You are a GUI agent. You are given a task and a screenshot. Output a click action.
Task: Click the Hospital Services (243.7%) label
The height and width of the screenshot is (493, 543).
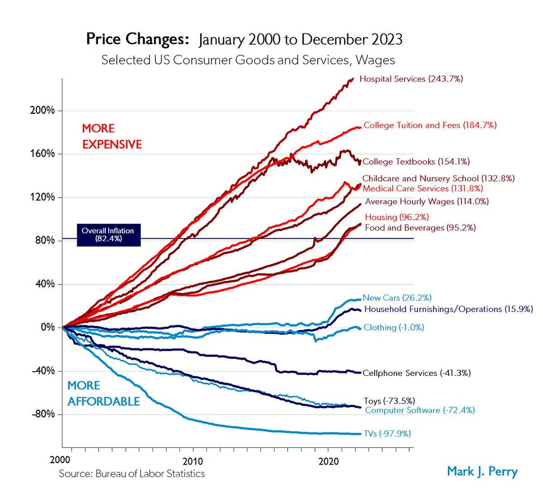coord(411,79)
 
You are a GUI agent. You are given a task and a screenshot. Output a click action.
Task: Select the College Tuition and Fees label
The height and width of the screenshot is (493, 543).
coord(430,125)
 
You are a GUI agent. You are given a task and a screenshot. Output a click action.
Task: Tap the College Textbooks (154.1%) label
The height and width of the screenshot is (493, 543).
coord(416,161)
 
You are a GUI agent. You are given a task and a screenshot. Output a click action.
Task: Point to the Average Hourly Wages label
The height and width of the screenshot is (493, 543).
coord(427,202)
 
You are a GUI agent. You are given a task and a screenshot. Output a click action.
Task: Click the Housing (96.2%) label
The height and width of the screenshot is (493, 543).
coord(397,217)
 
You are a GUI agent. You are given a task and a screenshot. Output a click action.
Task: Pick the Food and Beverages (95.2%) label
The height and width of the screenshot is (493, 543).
coord(420,228)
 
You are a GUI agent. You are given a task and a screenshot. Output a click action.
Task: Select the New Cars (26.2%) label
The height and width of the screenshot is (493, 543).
coord(397,298)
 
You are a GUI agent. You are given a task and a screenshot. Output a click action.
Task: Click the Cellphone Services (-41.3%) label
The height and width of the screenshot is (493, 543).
coord(416,373)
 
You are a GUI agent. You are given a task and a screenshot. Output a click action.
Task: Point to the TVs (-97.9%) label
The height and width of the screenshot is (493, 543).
coord(387,434)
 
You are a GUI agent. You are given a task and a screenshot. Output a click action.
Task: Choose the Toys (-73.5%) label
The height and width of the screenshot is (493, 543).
coord(389,401)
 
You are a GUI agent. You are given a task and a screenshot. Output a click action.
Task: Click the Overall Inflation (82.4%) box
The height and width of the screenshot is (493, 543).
coord(108,234)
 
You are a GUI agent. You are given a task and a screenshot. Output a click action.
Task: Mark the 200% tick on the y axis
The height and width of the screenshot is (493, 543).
coord(43,111)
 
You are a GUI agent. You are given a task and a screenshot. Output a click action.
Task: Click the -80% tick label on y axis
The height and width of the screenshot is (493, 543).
coord(43,414)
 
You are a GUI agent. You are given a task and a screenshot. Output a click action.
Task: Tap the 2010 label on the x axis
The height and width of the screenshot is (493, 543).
coord(193,461)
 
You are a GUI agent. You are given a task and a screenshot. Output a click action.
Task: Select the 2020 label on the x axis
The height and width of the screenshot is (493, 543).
coord(328,461)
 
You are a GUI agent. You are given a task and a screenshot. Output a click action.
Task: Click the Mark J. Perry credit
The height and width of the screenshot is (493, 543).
coord(482,471)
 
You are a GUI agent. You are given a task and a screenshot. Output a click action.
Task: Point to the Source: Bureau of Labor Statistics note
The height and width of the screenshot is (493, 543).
coord(132,474)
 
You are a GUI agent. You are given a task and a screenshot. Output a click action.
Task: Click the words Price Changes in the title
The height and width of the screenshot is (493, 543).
coord(137,39)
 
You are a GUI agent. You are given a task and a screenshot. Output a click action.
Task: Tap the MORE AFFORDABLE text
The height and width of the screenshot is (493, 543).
coord(103,393)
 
